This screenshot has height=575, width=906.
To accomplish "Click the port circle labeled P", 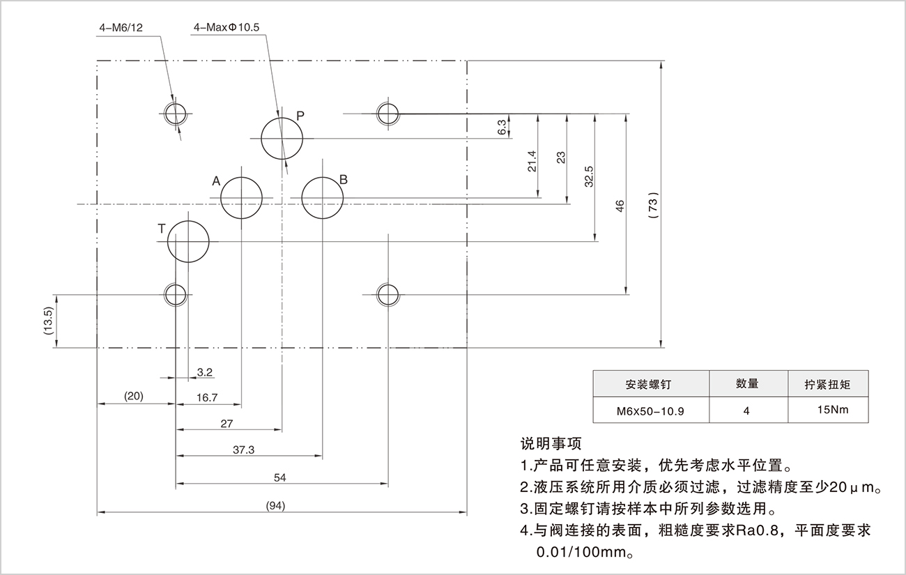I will click(x=282, y=138).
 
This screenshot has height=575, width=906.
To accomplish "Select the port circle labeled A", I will click(x=241, y=198).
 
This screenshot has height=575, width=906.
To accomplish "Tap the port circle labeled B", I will click(x=322, y=197).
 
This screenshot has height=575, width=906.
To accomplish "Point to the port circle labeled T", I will click(x=188, y=241).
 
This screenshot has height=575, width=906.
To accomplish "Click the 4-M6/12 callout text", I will click(x=121, y=29).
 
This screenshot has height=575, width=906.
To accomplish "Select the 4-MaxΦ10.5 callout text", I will click(x=227, y=29).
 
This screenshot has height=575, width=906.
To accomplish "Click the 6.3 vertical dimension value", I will click(x=502, y=127).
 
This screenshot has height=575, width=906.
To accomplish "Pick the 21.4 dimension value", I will click(x=532, y=161).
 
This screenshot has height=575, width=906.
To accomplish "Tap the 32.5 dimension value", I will click(x=589, y=177).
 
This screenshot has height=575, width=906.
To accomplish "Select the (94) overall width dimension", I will click(x=276, y=505).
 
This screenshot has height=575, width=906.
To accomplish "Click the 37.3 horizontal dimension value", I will click(x=243, y=450).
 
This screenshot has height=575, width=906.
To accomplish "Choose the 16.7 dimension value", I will click(x=207, y=397).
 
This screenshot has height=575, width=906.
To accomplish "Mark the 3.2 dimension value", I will click(x=204, y=372).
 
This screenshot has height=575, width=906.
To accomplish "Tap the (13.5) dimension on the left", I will click(x=48, y=321).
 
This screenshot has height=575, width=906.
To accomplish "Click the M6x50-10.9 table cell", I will click(x=650, y=411).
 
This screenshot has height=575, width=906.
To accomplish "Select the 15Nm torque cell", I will click(x=833, y=410).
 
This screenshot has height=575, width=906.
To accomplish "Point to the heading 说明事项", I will click(x=551, y=443).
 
